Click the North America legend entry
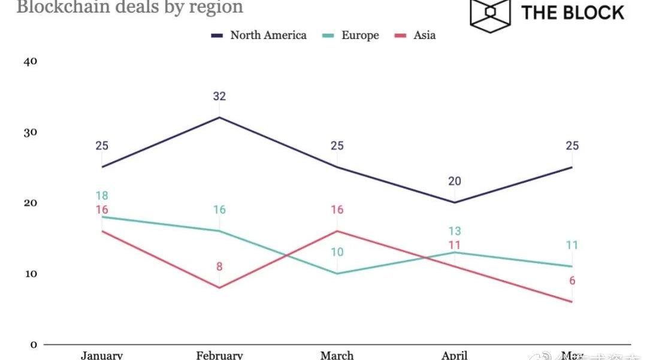coord(259,35)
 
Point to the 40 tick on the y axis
coord(30,61)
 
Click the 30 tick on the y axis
coord(30,132)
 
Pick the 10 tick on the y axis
coord(30,274)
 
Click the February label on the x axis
coord(219,355)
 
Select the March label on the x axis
coord(337,355)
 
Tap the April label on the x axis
coord(454,355)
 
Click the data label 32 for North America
coord(219,96)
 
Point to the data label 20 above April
coord(454,181)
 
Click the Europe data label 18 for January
coord(102,195)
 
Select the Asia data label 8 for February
coord(219,267)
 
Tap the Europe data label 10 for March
coord(337,252)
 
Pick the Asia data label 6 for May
coord(572,281)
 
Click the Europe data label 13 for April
coord(454,231)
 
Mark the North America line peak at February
coord(219,117)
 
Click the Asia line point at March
coord(337,231)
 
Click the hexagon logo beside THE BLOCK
coord(490,13)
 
